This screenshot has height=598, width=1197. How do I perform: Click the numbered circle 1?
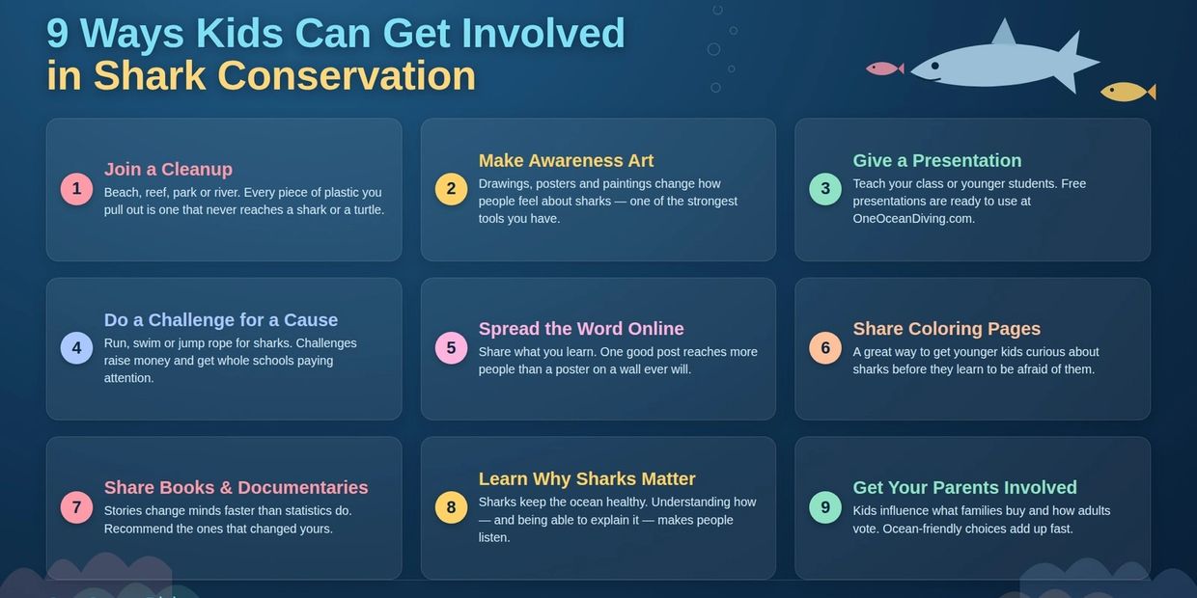tap(76, 188)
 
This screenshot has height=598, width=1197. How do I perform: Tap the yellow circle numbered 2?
tap(451, 188)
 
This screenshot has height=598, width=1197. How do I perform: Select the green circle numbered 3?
tap(825, 188)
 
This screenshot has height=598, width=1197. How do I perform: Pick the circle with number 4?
tap(76, 348)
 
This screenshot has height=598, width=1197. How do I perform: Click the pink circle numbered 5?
tap(451, 348)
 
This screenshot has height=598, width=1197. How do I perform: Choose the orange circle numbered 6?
tap(825, 348)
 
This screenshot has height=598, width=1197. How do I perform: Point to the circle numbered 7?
tap(76, 507)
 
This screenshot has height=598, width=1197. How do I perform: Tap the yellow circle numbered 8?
tap(451, 507)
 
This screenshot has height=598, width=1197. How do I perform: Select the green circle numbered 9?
tap(825, 507)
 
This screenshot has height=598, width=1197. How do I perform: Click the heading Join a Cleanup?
tap(168, 169)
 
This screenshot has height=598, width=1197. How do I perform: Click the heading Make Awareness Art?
tap(566, 160)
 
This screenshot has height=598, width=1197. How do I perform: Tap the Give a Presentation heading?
tap(937, 160)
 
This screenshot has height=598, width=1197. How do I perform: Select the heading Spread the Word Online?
tap(581, 328)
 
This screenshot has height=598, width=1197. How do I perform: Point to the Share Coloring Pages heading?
tap(946, 328)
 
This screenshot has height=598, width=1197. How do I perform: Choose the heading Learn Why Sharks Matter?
tap(587, 479)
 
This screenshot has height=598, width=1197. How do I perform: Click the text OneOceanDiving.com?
tap(914, 219)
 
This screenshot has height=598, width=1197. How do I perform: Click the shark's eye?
tap(935, 66)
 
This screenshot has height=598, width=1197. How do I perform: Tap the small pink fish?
tap(884, 68)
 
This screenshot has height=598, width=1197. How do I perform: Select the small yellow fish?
tap(1127, 92)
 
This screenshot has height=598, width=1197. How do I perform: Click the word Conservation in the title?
tap(347, 75)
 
